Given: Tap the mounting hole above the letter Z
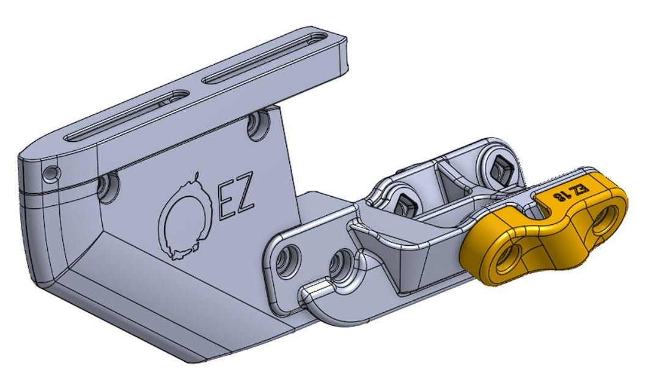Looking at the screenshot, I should click(x=257, y=125).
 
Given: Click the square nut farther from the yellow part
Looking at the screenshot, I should click(x=403, y=202).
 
